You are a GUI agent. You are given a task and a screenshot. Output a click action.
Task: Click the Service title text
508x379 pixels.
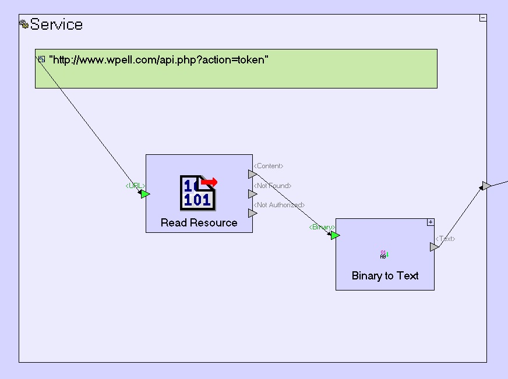click(57, 24)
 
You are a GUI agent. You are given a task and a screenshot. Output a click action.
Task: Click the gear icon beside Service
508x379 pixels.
click(24, 24)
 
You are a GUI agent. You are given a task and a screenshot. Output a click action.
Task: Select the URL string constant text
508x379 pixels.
click(158, 59)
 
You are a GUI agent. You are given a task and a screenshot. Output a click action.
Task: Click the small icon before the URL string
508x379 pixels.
click(41, 59)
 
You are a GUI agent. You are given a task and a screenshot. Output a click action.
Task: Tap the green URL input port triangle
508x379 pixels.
click(145, 194)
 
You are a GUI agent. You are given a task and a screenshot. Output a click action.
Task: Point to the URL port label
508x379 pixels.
click(135, 186)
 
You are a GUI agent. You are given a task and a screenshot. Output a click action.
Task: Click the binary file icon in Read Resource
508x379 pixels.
click(198, 192)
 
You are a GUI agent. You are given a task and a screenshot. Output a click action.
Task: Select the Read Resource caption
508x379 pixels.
click(199, 222)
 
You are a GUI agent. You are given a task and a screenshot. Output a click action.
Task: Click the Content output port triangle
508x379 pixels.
click(252, 174)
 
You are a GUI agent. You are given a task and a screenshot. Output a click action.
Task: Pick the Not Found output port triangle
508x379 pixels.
click(252, 194)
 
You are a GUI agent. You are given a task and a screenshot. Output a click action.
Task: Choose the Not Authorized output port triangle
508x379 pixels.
click(252, 213)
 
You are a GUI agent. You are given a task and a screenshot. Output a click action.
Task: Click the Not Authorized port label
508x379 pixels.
click(279, 205)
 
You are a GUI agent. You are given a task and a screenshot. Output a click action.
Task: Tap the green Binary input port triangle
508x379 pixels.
click(335, 235)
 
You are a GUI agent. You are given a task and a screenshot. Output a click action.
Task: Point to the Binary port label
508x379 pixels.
click(322, 227)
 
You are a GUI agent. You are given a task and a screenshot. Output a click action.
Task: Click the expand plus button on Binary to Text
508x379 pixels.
click(431, 222)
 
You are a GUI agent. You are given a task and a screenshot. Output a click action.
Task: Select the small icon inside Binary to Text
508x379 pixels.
click(384, 254)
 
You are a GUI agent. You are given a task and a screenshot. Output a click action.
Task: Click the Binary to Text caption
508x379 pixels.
click(385, 275)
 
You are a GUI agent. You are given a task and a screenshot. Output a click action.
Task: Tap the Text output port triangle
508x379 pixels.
click(434, 247)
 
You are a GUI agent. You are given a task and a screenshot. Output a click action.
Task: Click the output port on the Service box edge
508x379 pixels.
click(486, 186)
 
